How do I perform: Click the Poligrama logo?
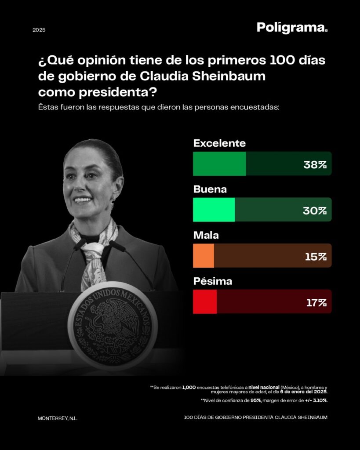tap(292, 28)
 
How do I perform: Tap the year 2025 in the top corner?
tap(39, 30)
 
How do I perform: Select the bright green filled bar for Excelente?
tap(219, 164)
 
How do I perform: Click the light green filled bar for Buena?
tap(214, 210)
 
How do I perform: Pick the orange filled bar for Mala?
tap(204, 256)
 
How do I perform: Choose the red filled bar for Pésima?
tap(205, 302)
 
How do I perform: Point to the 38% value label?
tap(315, 165)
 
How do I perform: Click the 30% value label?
tap(315, 210)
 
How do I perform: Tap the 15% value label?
tap(316, 257)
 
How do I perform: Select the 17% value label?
tap(316, 302)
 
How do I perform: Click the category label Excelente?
tap(219, 143)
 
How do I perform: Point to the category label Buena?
tap(210, 189)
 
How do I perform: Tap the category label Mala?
tap(206, 236)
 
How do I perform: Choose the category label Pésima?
tap(213, 281)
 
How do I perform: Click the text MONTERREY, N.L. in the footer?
tap(58, 418)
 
